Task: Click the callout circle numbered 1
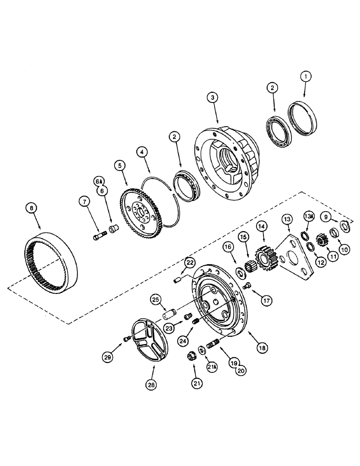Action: (305, 76)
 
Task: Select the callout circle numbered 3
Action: (213, 97)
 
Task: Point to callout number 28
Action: (151, 385)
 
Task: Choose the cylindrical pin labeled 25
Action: (168, 311)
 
